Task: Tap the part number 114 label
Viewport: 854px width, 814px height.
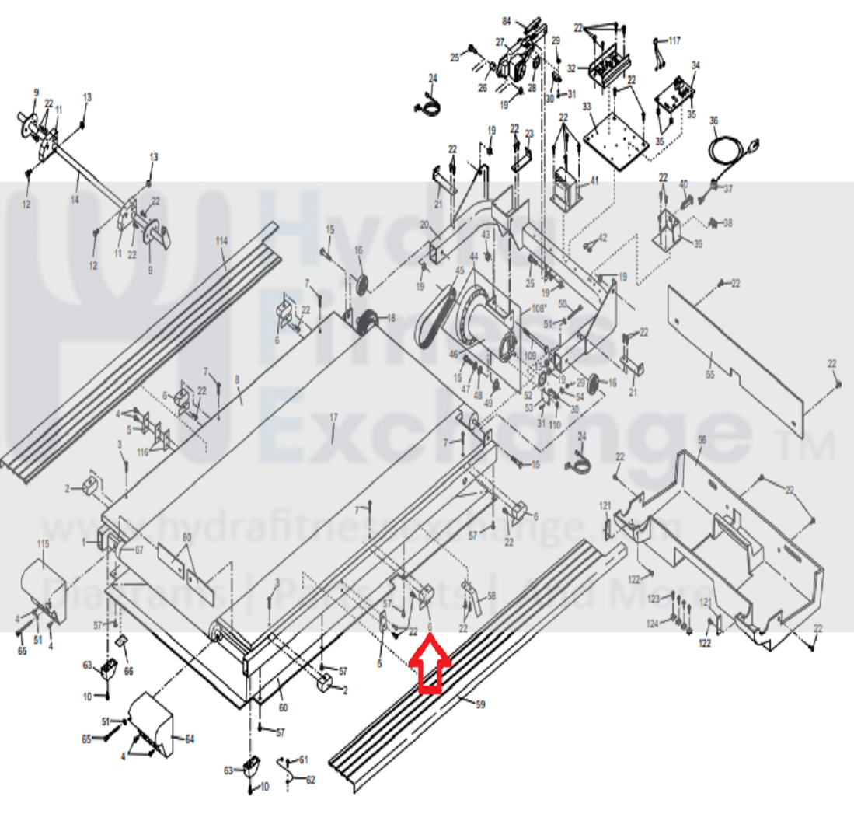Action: pyautogui.click(x=222, y=241)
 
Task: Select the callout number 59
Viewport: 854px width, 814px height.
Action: pyautogui.click(x=480, y=705)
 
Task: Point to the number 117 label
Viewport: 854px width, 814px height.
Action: pyautogui.click(x=674, y=40)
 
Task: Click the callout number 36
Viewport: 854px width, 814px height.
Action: pyautogui.click(x=714, y=121)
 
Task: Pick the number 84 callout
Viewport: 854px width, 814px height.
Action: pyautogui.click(x=528, y=21)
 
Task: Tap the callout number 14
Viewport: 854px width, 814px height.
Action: pyautogui.click(x=75, y=178)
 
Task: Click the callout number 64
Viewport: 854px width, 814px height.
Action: pyautogui.click(x=190, y=739)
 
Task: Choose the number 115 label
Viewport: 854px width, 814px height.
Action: pyautogui.click(x=43, y=541)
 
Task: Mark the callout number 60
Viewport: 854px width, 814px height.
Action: pyautogui.click(x=283, y=707)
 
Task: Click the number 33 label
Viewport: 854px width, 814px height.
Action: pyautogui.click(x=587, y=107)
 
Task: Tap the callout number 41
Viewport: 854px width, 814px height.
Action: pyautogui.click(x=594, y=181)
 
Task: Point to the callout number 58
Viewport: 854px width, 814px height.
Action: pyautogui.click(x=490, y=596)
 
